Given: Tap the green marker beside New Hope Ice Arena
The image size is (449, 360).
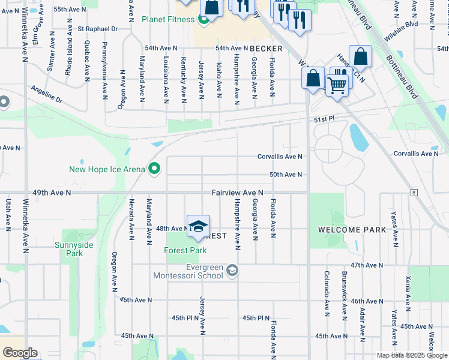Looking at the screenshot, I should pos(154,169).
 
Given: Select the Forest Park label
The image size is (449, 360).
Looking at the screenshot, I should pos(186,251).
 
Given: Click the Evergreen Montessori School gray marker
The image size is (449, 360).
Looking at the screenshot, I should pos(232,272).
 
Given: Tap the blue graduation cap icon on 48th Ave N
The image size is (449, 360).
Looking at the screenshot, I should pos(198,227).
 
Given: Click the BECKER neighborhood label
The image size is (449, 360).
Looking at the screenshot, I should pos(266,48).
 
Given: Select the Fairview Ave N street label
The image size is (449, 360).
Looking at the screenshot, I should pos(237,193).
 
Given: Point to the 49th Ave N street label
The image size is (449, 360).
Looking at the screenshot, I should pos(52,193).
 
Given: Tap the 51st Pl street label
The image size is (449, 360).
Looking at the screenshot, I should pos(322,120).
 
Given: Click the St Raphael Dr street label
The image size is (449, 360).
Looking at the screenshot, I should pos(98,28).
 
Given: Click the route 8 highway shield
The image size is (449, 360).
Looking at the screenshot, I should pos(414,192).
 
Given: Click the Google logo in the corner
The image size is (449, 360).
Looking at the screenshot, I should pos(20,353).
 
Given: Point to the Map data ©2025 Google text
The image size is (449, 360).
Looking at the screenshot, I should pos(411,355).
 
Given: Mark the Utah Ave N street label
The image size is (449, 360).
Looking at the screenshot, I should pos(8,215).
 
